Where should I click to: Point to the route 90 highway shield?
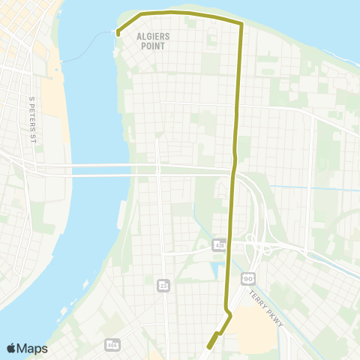[x=247, y=277]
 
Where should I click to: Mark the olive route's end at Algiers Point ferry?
[x=118, y=33]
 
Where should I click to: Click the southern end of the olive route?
[x=208, y=346]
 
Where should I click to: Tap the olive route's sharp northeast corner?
[x=241, y=25]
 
